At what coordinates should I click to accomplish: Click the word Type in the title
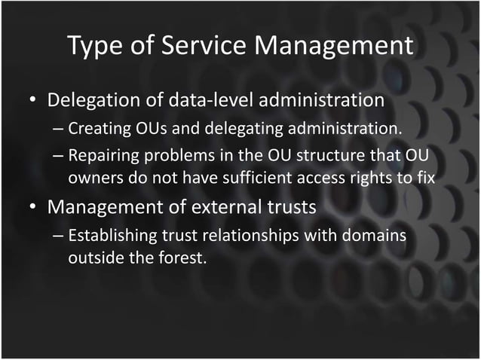click(93, 46)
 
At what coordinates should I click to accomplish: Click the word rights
click(369, 178)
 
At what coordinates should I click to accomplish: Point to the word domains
click(375, 236)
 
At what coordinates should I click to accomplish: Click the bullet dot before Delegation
click(33, 101)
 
